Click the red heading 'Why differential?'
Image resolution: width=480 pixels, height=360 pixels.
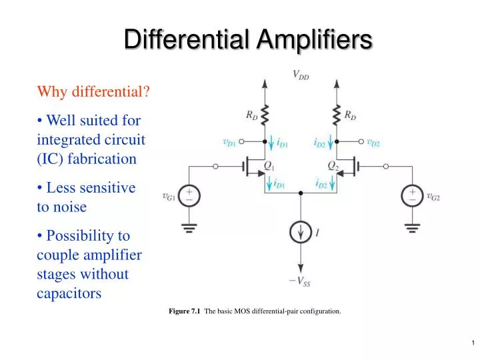(x=93, y=91)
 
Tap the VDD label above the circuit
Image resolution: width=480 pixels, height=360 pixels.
(x=301, y=75)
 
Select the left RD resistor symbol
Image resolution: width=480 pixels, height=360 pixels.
(x=265, y=116)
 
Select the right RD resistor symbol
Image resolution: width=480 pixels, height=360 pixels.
(x=337, y=116)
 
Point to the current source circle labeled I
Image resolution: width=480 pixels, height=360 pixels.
(x=300, y=233)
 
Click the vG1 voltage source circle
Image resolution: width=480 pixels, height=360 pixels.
(x=189, y=195)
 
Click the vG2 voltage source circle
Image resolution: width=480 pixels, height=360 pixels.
(x=412, y=195)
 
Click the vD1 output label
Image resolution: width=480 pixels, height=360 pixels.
(x=229, y=141)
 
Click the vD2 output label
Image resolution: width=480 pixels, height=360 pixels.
(x=373, y=141)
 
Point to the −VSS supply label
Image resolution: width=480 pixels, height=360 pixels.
(x=299, y=281)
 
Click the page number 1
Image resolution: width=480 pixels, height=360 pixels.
(x=472, y=343)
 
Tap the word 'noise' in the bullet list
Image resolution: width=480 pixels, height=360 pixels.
(x=71, y=207)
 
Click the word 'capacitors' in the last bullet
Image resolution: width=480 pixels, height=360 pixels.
(x=69, y=293)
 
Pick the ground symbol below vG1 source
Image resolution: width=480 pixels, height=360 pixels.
(x=189, y=228)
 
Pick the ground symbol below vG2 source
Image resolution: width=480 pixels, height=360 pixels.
(x=412, y=228)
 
